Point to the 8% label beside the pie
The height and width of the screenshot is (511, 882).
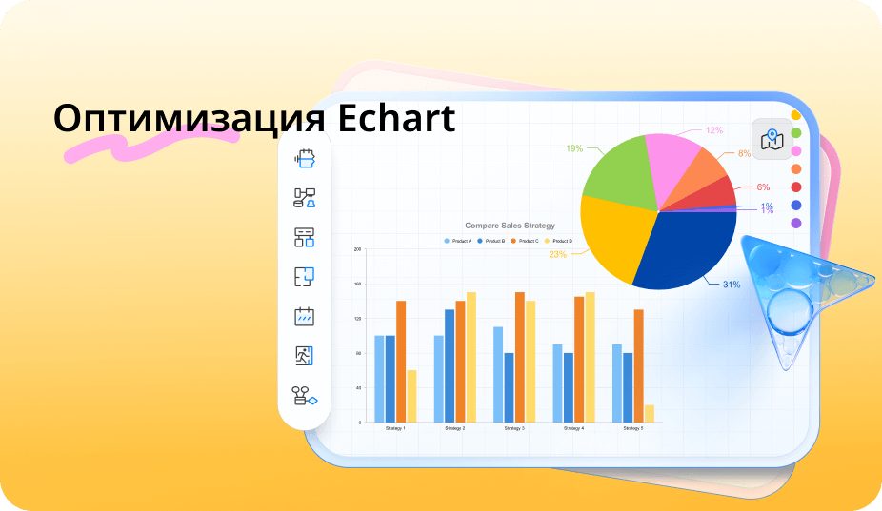click(744, 153)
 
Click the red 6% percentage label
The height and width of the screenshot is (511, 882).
click(763, 187)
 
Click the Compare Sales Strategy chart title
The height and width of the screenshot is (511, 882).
click(510, 226)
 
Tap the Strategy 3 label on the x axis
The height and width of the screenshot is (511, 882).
click(514, 429)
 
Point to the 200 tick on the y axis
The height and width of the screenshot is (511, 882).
click(358, 249)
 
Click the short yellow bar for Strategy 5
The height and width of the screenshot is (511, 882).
click(650, 413)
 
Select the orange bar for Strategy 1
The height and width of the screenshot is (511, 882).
click(401, 361)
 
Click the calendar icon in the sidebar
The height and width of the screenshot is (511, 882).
click(304, 317)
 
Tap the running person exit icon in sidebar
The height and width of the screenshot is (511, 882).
click(304, 356)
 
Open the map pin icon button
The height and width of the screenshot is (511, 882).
click(772, 139)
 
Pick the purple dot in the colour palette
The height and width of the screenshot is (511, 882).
click(796, 223)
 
